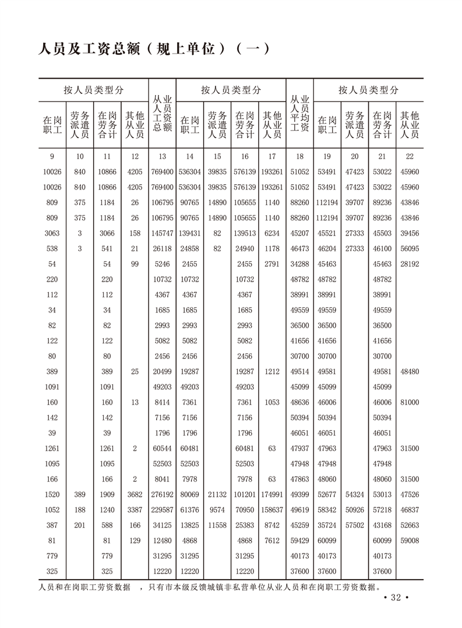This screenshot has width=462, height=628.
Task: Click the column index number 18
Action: coord(299,156)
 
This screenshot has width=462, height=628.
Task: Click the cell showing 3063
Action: coord(52,233)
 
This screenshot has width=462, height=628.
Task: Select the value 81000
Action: coord(410,402)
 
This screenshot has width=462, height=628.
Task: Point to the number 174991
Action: coord(271,494)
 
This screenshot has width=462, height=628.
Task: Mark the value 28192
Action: coord(410,264)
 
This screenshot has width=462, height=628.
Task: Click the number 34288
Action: coord(299,264)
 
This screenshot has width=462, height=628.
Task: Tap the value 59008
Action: coord(410,541)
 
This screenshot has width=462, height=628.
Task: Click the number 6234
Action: coord(271,233)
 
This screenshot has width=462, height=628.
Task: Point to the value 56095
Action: coord(410,249)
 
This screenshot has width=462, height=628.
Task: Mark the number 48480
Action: coord(410,371)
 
